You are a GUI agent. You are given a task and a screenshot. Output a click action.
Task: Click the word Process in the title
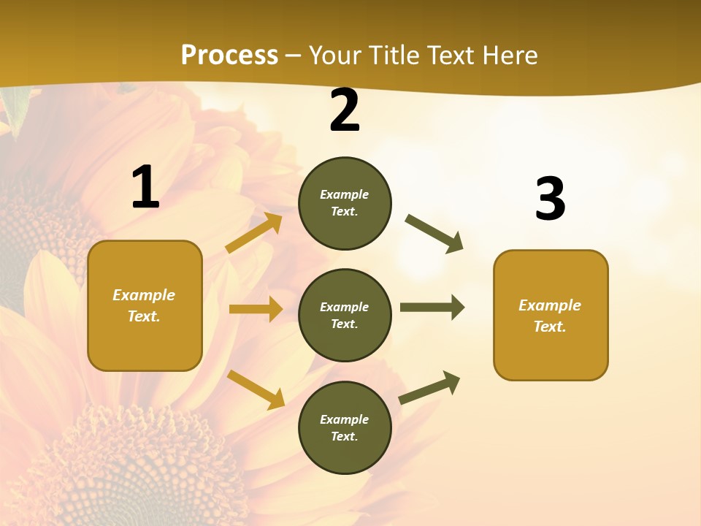point(229,56)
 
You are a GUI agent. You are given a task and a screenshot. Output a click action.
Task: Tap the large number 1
point(145,188)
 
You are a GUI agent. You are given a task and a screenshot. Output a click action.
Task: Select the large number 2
point(345,111)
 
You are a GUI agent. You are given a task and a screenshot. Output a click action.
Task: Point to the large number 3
point(550,199)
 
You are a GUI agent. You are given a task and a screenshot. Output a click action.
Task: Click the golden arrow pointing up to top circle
point(254,233)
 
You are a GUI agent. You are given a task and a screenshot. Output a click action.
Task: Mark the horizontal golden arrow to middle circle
point(256,309)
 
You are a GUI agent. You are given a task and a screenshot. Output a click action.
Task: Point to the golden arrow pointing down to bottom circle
point(256,389)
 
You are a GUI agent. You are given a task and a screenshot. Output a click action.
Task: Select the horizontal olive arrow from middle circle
point(432,308)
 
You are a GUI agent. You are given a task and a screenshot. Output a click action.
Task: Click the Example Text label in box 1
point(144,305)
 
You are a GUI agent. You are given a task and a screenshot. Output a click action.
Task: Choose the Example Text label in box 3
point(550,316)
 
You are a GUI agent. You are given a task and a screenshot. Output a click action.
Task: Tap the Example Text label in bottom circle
point(344,427)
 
